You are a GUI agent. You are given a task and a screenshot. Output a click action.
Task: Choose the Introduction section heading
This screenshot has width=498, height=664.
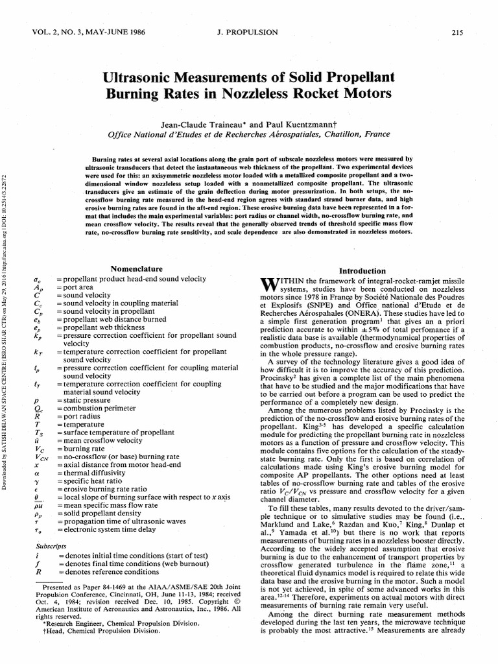pos(363,271)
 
